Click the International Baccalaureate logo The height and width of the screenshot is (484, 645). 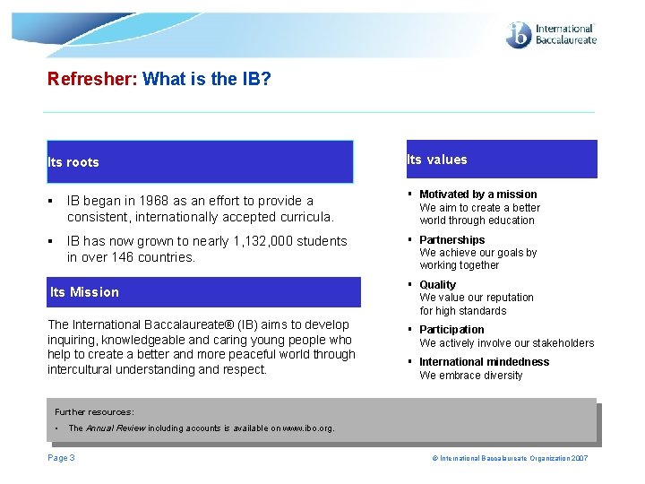pos(550,35)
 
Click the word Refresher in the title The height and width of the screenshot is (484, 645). pos(91,79)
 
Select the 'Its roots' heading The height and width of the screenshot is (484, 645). pos(73,162)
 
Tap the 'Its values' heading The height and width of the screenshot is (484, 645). pos(437,160)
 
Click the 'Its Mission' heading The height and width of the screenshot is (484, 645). pos(84,291)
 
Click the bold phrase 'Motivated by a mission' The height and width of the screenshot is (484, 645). pos(478,194)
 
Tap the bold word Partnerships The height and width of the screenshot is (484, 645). pos(452,240)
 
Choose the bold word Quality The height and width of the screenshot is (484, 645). pos(438,285)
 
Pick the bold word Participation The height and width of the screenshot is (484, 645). pos(451,330)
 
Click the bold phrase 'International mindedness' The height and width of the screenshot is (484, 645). pos(485,362)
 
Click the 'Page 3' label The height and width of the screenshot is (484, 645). pos(61,458)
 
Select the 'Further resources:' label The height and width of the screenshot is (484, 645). pos(94,412)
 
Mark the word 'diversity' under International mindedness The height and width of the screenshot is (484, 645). pos(503,376)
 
